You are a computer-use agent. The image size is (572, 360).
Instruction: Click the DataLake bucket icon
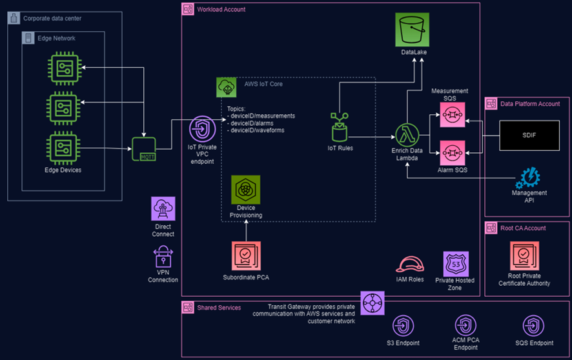click(x=413, y=29)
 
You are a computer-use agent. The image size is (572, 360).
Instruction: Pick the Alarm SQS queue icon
click(x=453, y=153)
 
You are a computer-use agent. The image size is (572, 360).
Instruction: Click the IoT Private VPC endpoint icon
click(x=202, y=129)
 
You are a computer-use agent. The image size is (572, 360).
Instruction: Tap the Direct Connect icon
click(x=163, y=210)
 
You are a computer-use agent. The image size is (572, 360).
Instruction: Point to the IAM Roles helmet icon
click(x=409, y=265)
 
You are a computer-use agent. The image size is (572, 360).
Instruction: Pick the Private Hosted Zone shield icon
click(x=455, y=264)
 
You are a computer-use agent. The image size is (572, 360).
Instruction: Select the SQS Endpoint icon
click(x=533, y=325)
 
